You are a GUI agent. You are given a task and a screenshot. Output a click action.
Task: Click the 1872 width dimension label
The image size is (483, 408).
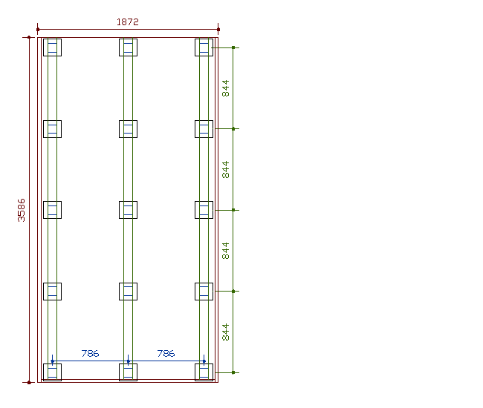(128, 22)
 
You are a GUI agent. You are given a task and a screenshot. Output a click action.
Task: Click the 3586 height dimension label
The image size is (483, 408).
(22, 210)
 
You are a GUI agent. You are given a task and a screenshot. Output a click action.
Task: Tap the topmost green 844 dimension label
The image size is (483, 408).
(226, 88)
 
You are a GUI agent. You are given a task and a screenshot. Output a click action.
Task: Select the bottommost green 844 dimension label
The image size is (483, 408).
(226, 332)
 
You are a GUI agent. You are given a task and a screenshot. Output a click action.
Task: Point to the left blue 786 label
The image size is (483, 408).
(90, 354)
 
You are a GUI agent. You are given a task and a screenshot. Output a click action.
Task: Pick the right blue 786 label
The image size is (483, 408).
(166, 354)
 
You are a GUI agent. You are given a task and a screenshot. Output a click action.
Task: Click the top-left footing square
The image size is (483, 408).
(52, 47)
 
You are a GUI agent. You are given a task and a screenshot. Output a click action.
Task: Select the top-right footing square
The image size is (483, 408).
(204, 47)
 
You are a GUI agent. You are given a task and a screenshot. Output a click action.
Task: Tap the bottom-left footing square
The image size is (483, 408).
(52, 372)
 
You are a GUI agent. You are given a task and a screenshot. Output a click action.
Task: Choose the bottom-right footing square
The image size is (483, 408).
(204, 372)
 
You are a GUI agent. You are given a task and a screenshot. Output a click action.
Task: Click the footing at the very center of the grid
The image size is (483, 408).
(128, 210)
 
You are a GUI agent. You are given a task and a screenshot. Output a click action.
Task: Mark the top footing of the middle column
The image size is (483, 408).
(128, 47)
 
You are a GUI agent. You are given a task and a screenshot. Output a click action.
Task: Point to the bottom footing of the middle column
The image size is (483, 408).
(128, 372)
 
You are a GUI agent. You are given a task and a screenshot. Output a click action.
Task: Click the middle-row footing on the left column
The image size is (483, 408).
(52, 210)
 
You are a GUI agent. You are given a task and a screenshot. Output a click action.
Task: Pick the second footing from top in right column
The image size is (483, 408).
(204, 129)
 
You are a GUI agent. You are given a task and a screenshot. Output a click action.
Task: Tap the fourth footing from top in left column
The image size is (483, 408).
(52, 292)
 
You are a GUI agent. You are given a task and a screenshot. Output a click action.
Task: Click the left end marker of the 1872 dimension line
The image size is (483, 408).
(38, 30)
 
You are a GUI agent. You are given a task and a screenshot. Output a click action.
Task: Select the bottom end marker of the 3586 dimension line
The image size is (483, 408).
(29, 383)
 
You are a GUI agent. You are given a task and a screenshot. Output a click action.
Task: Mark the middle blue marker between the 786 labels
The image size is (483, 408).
(128, 361)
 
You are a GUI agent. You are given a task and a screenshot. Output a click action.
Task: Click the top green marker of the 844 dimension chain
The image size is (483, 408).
(233, 47)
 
